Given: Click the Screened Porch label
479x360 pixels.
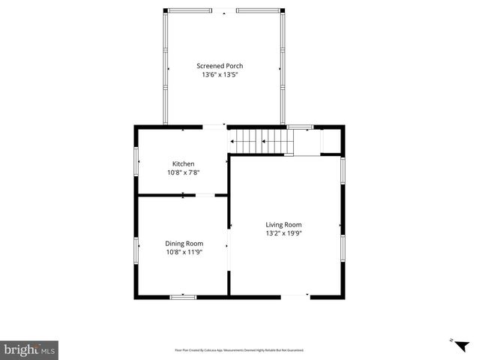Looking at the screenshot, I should point(220,66).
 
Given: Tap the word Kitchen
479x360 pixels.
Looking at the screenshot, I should point(183,163).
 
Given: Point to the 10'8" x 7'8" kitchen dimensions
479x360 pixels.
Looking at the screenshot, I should point(183,172).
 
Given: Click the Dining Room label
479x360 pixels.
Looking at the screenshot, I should point(184,243).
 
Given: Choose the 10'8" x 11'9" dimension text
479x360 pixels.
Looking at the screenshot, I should point(184,252).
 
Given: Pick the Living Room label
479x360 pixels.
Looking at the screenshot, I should point(283,224).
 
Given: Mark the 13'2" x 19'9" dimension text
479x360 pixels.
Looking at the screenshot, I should point(283,233).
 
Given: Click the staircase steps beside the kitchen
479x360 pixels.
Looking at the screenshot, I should point(259,140).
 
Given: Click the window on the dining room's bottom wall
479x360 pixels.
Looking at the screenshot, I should point(183,297).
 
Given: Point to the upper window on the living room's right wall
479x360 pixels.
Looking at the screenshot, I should point(343,169).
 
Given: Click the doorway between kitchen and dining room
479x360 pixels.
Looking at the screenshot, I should point(205,196).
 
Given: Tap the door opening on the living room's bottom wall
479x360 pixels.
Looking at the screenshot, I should point(295,297).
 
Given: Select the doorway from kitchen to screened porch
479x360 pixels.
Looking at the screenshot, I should point(215,127).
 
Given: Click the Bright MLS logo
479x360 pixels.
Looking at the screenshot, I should point(29,349).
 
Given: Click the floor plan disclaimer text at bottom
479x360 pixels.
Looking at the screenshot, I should point(239,349).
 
